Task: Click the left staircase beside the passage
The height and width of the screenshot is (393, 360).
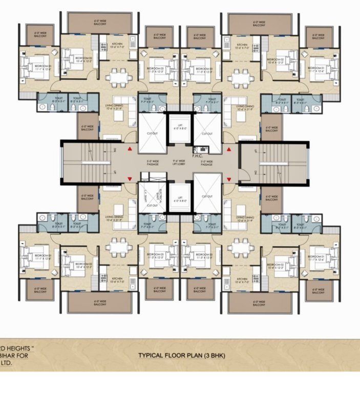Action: click(86, 163)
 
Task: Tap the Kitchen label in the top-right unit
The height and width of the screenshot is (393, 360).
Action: click(242, 45)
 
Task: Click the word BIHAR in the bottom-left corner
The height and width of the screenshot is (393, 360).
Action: click(10, 355)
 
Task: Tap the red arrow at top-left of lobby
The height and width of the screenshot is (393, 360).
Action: click(132, 149)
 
